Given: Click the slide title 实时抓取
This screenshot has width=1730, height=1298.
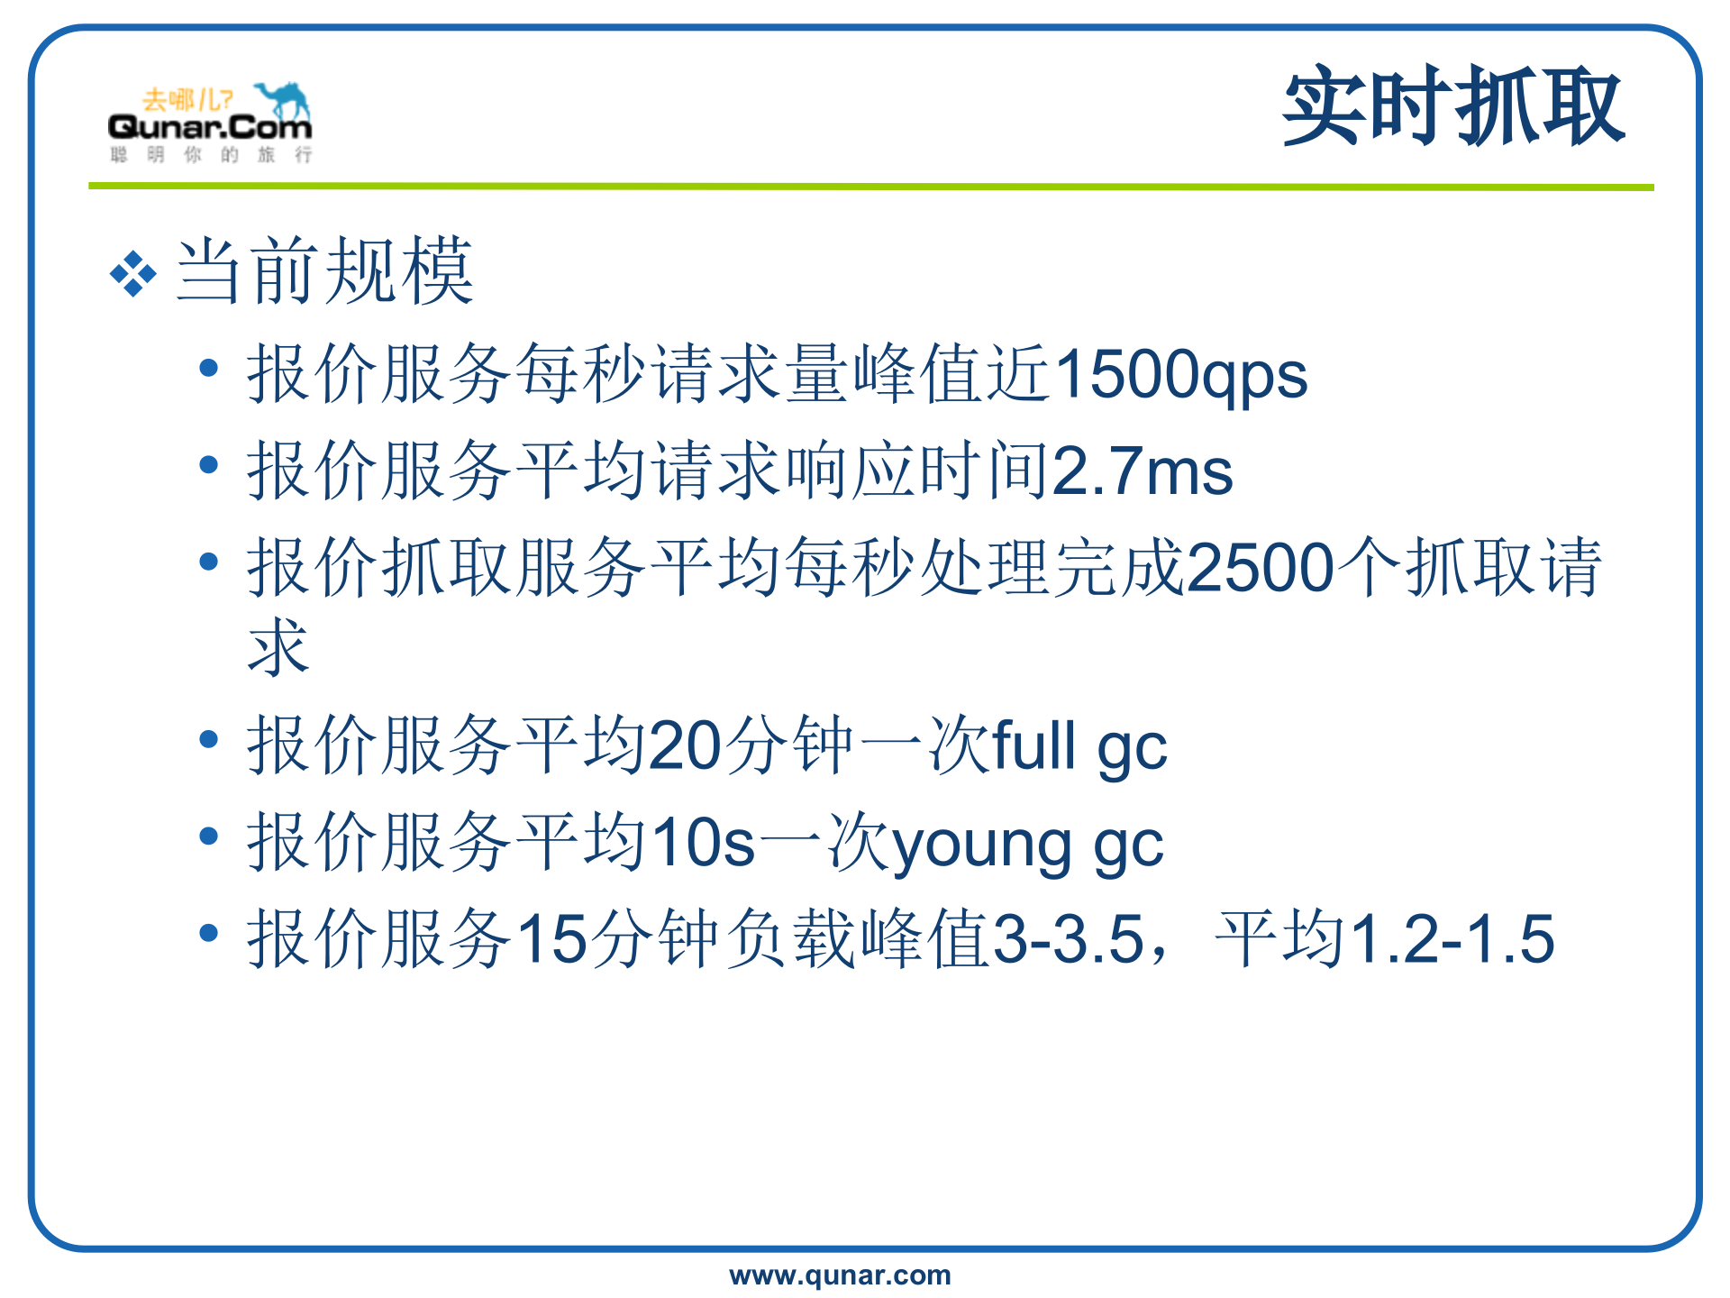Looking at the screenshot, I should tap(1453, 106).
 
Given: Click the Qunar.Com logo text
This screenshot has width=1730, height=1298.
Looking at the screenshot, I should tap(209, 128).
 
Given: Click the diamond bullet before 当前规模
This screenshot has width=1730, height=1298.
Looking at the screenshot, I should tap(132, 273).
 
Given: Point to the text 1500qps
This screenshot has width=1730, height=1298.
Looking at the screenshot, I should tap(1180, 375).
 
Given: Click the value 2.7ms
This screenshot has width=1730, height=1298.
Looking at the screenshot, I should tap(1142, 471).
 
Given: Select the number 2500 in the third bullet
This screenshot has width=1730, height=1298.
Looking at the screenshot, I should tap(1260, 568).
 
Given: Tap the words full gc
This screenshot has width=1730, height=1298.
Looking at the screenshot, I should tap(1079, 746).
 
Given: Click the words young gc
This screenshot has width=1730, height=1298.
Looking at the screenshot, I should tap(1027, 844).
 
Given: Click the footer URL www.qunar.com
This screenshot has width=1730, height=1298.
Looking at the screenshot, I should tap(840, 1275).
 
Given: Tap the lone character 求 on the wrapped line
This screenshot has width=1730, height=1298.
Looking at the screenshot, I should tap(278, 647).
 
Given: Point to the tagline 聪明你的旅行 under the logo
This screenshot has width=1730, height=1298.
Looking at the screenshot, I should tap(211, 155).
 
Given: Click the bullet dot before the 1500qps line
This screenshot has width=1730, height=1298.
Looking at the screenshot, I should tap(209, 368).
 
